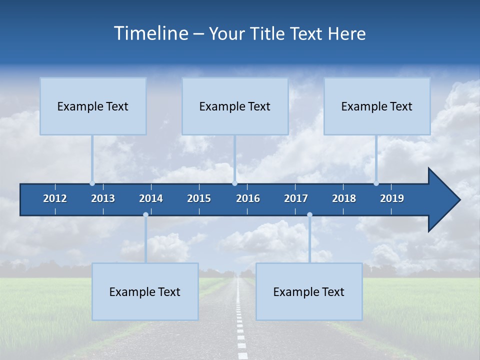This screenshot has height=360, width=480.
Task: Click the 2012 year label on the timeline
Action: [55, 198]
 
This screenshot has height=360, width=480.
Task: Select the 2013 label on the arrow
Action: [103, 198]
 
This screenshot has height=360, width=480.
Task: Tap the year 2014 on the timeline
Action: [151, 198]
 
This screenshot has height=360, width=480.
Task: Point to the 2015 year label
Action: [199, 198]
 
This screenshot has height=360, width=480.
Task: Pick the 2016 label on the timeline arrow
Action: [248, 198]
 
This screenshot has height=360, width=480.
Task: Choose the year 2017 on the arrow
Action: [296, 198]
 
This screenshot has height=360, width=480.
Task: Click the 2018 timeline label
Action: [344, 198]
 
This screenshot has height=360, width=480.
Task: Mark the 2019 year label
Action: [392, 198]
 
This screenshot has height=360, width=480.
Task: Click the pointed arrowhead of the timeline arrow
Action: [445, 200]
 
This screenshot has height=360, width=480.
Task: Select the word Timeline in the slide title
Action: [150, 33]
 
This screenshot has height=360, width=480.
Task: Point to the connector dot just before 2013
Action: [92, 183]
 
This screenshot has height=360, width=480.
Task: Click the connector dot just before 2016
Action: [234, 183]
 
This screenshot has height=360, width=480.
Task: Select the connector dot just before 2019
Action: [376, 183]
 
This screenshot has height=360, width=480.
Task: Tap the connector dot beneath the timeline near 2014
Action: [145, 215]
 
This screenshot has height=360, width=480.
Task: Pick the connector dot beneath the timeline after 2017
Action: [309, 215]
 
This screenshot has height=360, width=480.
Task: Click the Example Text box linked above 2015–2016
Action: [234, 106]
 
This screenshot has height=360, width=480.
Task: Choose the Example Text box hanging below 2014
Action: [145, 291]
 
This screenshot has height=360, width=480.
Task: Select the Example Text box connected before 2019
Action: [376, 106]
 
